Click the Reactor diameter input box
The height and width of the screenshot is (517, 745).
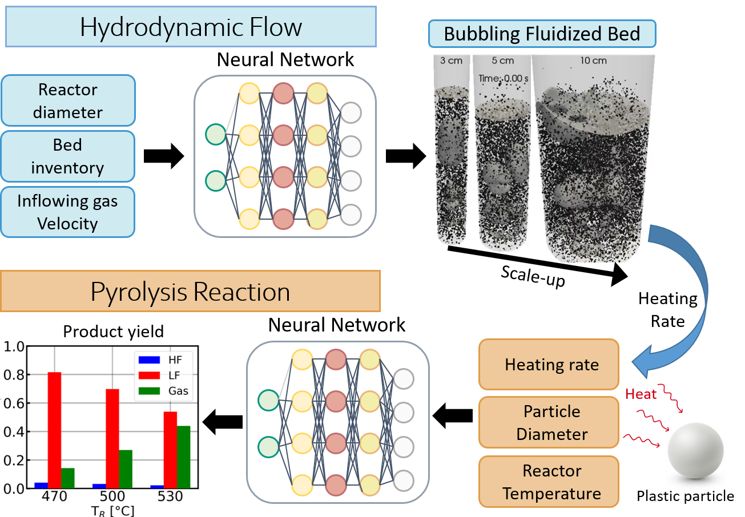(x=68, y=100)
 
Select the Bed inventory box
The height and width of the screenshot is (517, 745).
(x=68, y=156)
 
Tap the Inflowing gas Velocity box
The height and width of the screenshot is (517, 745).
(x=68, y=212)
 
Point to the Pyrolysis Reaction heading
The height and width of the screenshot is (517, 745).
(x=191, y=292)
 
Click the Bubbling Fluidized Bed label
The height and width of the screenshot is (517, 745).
(x=542, y=34)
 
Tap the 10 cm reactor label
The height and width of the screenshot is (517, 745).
(x=593, y=60)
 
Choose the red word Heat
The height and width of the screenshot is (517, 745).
(x=641, y=394)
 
